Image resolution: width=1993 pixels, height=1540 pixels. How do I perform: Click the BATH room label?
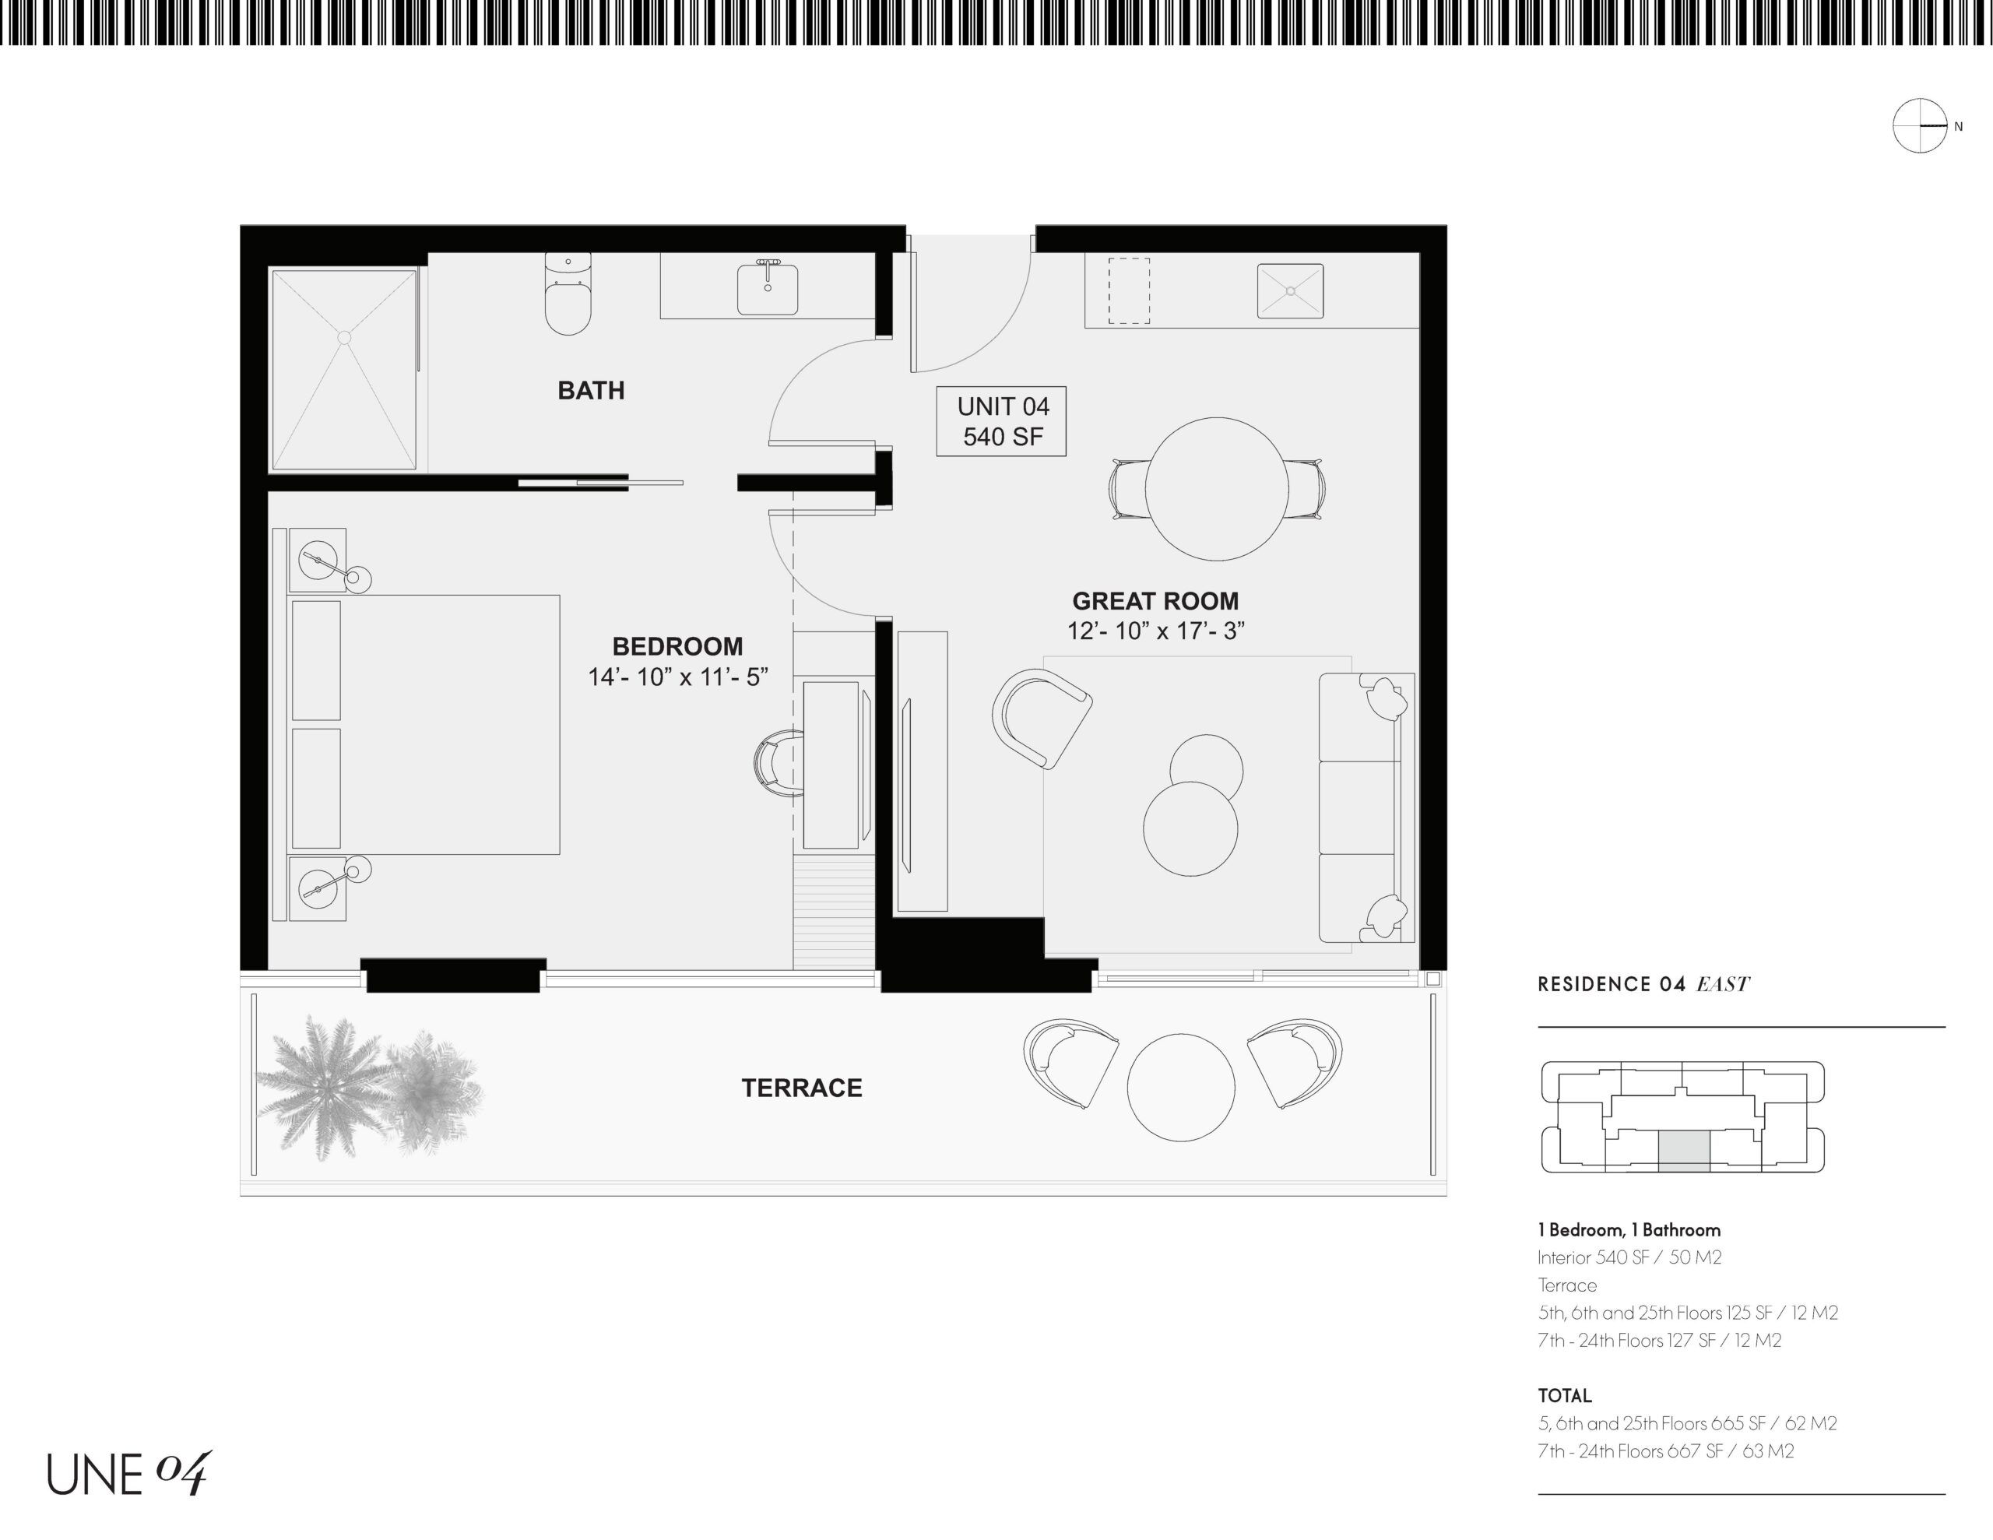(592, 391)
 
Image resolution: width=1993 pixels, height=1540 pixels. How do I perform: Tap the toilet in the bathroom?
(568, 294)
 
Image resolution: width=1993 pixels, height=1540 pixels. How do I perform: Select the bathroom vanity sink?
(768, 289)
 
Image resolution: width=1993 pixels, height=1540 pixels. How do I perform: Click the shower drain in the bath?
(344, 338)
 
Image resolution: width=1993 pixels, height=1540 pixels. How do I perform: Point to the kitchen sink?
(1290, 291)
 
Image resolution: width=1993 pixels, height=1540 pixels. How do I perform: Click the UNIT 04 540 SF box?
(1001, 421)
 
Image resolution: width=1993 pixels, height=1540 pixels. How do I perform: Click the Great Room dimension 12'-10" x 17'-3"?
(1156, 631)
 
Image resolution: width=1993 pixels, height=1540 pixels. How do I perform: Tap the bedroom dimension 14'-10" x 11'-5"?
(678, 677)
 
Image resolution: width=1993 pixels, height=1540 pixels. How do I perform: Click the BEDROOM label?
(677, 646)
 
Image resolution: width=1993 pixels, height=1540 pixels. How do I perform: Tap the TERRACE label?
(801, 1088)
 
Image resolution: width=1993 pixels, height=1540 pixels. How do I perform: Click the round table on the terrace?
(1181, 1087)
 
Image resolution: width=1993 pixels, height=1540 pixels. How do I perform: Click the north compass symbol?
(1920, 126)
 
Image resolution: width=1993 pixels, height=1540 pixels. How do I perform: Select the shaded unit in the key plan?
(1684, 1151)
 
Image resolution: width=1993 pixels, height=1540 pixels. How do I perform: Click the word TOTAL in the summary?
(1564, 1396)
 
